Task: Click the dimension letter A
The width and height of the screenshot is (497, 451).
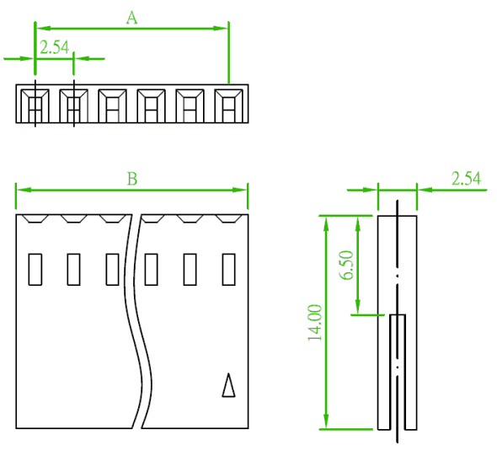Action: point(132,18)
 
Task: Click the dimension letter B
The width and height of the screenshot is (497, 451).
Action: point(132,179)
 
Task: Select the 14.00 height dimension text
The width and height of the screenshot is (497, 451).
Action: point(315,323)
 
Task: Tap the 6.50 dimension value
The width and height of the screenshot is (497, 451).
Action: point(346,266)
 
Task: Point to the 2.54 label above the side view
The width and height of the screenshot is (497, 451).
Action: point(466,179)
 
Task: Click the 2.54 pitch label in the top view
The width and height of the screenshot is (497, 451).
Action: point(55,47)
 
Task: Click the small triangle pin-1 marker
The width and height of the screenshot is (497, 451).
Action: point(228,384)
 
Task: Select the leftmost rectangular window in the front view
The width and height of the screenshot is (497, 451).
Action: point(35,269)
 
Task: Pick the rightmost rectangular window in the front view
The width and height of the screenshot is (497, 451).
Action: point(229,269)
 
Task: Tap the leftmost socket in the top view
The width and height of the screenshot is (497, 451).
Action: point(35,105)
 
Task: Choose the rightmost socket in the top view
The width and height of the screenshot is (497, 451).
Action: point(229,105)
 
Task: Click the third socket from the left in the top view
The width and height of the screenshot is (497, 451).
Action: point(113,105)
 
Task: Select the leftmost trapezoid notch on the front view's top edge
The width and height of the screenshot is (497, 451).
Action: point(35,218)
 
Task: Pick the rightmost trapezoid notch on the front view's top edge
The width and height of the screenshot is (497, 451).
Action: point(229,218)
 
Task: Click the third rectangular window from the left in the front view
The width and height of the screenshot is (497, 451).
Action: point(113,269)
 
